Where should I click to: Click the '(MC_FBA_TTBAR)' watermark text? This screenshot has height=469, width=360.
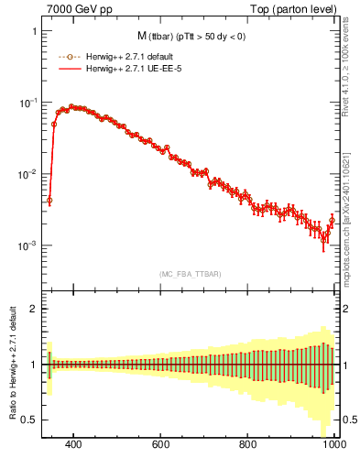pyautogui.click(x=190, y=274)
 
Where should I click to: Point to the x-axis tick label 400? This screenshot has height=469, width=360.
pyautogui.click(x=74, y=445)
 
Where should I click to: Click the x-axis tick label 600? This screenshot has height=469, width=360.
pyautogui.click(x=161, y=445)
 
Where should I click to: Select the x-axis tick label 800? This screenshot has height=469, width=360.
pyautogui.click(x=247, y=445)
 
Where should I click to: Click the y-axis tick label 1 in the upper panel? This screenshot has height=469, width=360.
pyautogui.click(x=34, y=31)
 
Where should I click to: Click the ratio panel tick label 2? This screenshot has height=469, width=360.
pyautogui.click(x=34, y=309)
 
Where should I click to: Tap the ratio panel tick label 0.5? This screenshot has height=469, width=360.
pyautogui.click(x=29, y=420)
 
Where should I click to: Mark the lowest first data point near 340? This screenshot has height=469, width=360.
pyautogui.click(x=49, y=200)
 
